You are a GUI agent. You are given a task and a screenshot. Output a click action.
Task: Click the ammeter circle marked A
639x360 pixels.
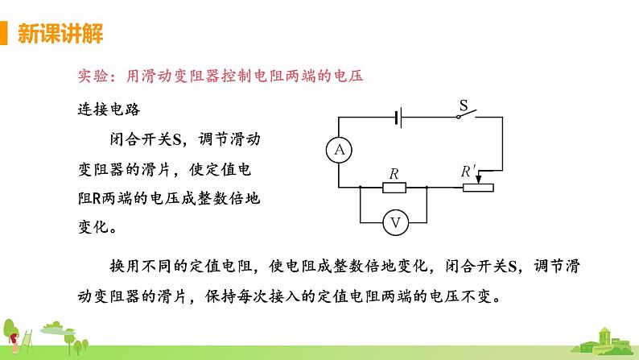(340, 150)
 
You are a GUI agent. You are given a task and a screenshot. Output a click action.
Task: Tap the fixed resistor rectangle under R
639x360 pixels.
(394, 188)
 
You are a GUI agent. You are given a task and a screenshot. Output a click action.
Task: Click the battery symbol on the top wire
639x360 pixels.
(398, 118)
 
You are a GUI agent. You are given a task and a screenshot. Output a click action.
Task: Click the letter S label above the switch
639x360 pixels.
(463, 105)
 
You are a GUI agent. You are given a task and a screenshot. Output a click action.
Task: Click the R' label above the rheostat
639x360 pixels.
(469, 172)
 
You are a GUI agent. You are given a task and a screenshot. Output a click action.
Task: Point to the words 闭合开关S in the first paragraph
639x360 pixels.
(147, 139)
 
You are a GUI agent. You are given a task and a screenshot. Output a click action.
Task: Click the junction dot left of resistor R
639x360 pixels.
(360, 188)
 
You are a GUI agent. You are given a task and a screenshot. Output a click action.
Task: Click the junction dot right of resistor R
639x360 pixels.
(426, 188)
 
